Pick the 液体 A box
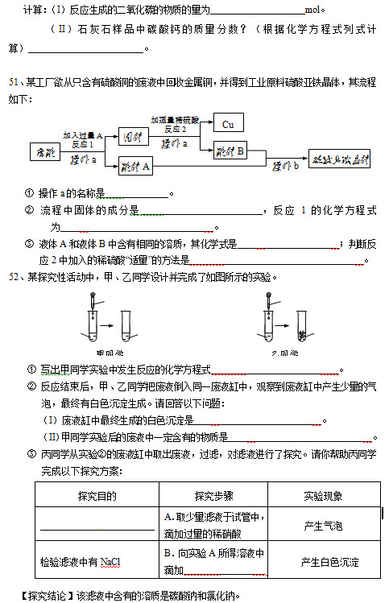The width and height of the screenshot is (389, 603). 134,167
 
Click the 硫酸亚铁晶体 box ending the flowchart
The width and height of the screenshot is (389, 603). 341,158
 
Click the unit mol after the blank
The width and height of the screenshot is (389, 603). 314,10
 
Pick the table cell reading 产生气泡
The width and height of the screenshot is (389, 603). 323,526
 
